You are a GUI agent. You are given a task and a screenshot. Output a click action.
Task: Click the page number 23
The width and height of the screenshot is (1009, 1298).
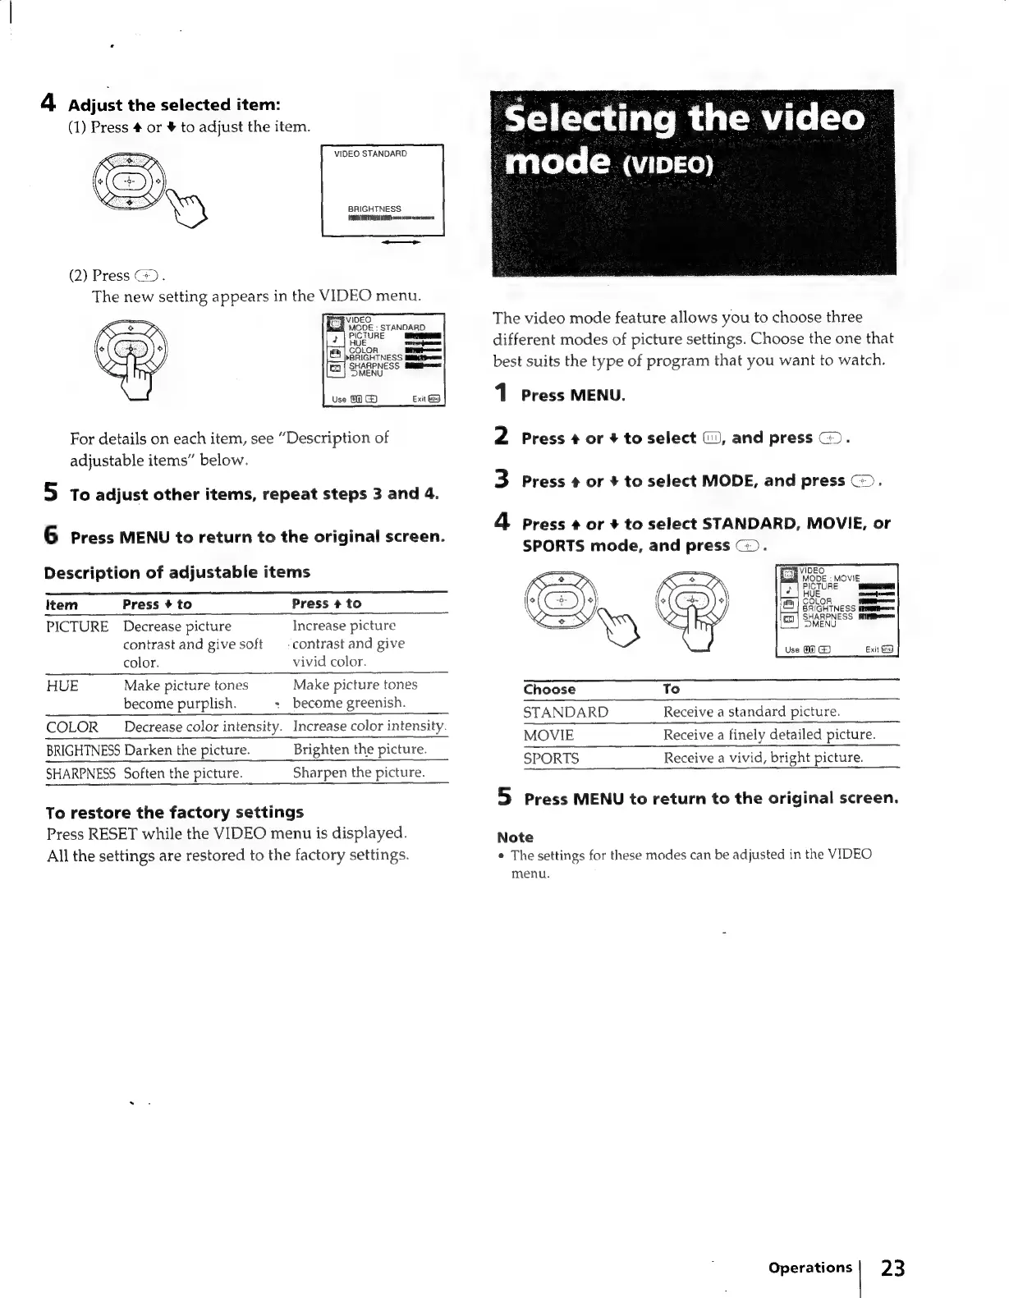click(892, 1268)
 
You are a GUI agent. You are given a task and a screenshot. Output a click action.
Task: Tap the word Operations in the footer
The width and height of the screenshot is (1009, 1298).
click(809, 1267)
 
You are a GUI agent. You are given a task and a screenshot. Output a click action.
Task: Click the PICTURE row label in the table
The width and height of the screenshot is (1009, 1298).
click(77, 626)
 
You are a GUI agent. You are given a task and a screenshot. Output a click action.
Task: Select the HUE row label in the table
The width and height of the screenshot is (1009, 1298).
click(62, 686)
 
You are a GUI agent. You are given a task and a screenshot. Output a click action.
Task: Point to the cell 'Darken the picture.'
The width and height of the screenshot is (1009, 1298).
click(187, 750)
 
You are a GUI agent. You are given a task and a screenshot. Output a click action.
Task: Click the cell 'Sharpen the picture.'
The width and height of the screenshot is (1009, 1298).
click(359, 773)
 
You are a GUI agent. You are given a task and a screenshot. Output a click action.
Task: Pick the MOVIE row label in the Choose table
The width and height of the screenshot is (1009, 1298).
click(548, 735)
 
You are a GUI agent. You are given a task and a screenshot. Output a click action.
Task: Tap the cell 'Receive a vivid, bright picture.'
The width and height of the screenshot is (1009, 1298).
click(764, 758)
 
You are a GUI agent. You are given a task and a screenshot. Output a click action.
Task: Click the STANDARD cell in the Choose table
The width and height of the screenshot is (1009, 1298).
click(566, 712)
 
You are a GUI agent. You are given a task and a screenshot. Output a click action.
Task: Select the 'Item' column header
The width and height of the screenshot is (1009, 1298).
click(62, 605)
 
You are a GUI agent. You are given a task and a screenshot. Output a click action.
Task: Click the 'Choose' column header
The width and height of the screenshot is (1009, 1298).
click(549, 690)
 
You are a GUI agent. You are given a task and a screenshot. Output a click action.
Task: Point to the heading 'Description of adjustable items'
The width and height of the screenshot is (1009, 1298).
click(177, 572)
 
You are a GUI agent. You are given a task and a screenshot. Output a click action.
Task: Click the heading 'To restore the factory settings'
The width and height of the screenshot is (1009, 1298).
click(175, 812)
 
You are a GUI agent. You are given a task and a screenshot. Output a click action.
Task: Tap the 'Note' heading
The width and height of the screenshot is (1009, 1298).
click(515, 837)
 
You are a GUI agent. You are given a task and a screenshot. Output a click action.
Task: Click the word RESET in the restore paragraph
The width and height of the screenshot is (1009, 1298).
click(112, 833)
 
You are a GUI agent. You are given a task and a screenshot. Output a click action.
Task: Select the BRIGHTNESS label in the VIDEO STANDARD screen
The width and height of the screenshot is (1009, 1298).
click(374, 209)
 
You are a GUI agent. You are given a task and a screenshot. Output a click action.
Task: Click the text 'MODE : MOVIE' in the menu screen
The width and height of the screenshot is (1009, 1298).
click(831, 579)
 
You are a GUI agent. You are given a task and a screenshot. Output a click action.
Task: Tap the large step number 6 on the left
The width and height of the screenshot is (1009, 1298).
click(51, 536)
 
